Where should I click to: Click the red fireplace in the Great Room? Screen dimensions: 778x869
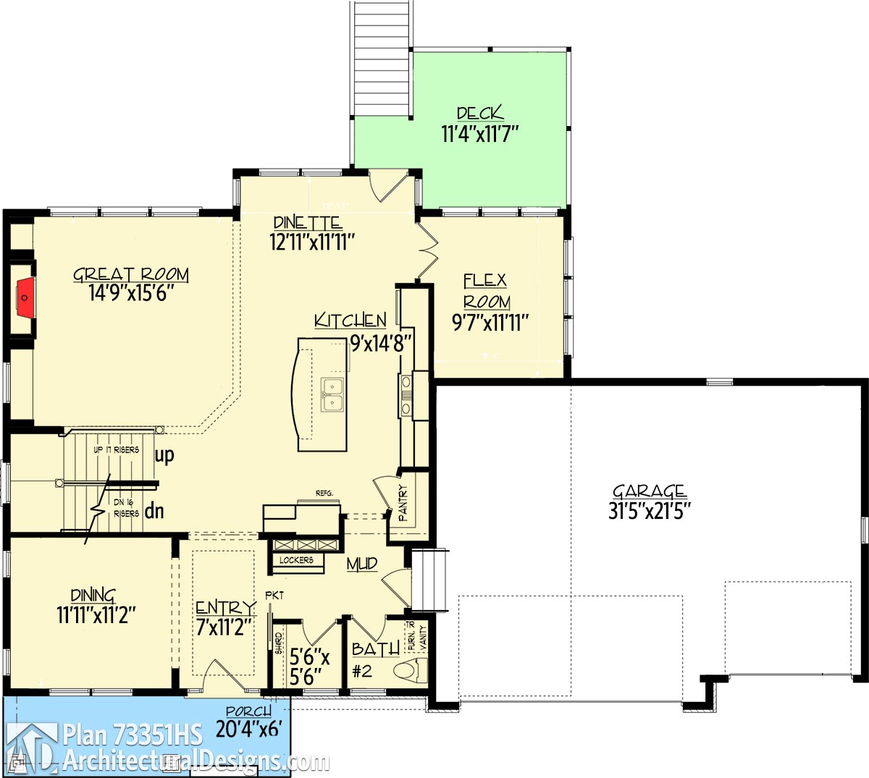point(25,297)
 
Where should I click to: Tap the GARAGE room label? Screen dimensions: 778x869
point(650,492)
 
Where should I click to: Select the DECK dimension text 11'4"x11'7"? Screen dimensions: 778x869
point(480,134)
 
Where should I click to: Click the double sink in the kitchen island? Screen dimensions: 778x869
point(332,394)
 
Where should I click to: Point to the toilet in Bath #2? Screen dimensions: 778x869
point(411,672)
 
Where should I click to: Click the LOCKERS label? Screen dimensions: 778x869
point(296,560)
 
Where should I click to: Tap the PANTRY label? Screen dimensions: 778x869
point(403,504)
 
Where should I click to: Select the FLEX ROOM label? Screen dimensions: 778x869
point(486,291)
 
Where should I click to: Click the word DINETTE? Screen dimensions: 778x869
point(307,223)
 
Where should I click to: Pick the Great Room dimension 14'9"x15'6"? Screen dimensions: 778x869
point(131,293)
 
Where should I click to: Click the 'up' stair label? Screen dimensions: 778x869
point(164,456)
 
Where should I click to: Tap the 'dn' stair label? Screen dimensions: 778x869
point(154,512)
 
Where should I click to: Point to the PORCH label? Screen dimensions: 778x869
point(248,712)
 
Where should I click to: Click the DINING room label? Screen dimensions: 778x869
point(93,596)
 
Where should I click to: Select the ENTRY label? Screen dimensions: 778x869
point(225,608)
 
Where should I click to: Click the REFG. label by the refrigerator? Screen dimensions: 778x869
point(324,494)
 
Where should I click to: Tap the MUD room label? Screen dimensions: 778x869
point(361,564)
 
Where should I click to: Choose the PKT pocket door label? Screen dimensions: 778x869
point(274,596)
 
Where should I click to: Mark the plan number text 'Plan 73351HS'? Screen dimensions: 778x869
point(133,735)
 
